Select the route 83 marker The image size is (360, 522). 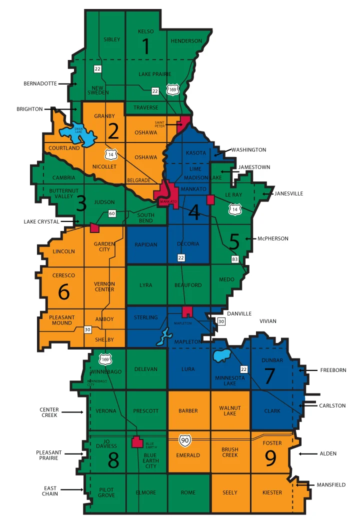(x=234, y=259)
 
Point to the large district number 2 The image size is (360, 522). (x=113, y=131)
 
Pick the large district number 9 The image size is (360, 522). (x=270, y=458)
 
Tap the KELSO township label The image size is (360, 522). (x=145, y=31)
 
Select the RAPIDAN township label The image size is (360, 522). (x=146, y=244)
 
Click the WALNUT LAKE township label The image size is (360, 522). (x=230, y=411)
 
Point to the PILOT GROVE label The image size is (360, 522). (x=106, y=492)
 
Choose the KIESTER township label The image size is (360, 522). (x=272, y=492)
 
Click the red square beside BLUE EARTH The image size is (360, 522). (x=135, y=442)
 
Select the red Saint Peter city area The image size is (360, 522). (x=184, y=122)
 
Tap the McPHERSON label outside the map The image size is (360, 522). (x=273, y=238)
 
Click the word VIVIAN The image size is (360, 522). (x=267, y=321)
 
